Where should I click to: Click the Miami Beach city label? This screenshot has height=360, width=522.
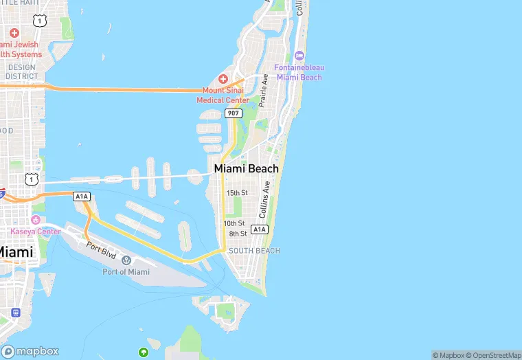[x=247, y=168]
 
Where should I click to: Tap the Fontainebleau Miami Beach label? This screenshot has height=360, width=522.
[x=299, y=72]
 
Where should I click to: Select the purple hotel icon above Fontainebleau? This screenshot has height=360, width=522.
[x=299, y=55]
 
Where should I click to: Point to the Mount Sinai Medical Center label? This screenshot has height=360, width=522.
[x=223, y=95]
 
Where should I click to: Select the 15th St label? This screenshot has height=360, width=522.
[x=236, y=193]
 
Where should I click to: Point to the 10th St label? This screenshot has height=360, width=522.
[x=234, y=223]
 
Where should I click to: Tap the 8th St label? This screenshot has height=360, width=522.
[x=238, y=234]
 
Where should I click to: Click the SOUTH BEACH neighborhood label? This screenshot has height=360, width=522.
[x=254, y=251]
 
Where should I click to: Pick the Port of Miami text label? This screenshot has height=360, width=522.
[x=126, y=272]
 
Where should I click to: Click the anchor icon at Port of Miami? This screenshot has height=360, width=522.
[x=126, y=260]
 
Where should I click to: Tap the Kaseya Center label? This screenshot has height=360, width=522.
[x=36, y=232]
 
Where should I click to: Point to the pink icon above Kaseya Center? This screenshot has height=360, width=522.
[x=36, y=220]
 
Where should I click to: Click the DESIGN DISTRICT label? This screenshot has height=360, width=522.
[x=21, y=71]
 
